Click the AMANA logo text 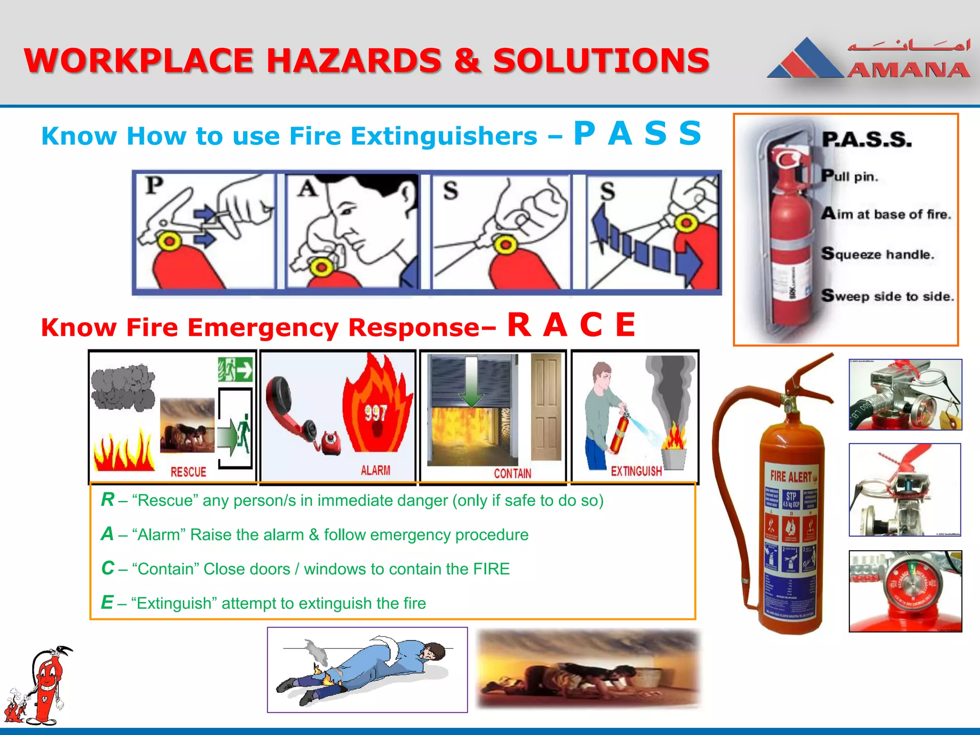tap(908, 71)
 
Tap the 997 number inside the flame tap(376, 412)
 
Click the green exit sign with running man tap(235, 369)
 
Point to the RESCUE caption tap(189, 472)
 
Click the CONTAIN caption tap(512, 473)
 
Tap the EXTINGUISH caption tap(636, 471)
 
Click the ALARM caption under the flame tap(375, 470)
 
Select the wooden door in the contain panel tap(546, 407)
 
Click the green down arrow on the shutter tap(471, 383)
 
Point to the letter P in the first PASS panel tap(154, 186)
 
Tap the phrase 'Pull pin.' tap(850, 176)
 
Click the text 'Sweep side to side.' tap(888, 296)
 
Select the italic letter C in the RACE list tap(108, 568)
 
